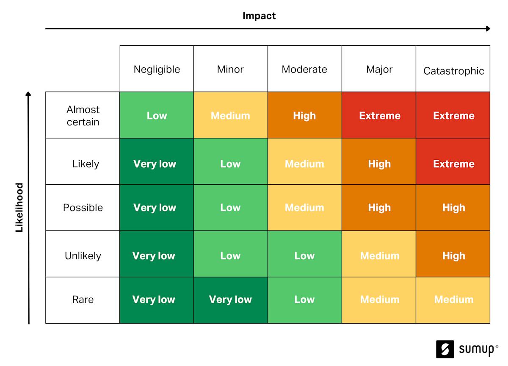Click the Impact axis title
tap(259, 16)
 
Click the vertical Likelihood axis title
tap(19, 208)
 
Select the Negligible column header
tap(157, 69)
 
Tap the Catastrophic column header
tap(453, 71)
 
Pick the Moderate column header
tap(304, 69)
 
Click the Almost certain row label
tap(83, 116)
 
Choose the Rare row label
tap(83, 299)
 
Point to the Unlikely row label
tap(83, 256)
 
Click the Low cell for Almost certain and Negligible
tap(157, 115)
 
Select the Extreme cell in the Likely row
tap(453, 161)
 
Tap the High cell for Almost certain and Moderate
tap(305, 115)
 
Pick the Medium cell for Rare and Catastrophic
tap(453, 300)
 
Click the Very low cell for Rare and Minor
tap(231, 300)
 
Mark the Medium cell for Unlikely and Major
tap(379, 254)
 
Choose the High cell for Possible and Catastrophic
tap(453, 208)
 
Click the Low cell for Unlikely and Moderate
tap(305, 254)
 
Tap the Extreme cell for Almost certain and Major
tap(379, 115)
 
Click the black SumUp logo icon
tap(445, 349)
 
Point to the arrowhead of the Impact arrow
tap(488, 28)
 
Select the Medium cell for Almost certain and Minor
tap(231, 115)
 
